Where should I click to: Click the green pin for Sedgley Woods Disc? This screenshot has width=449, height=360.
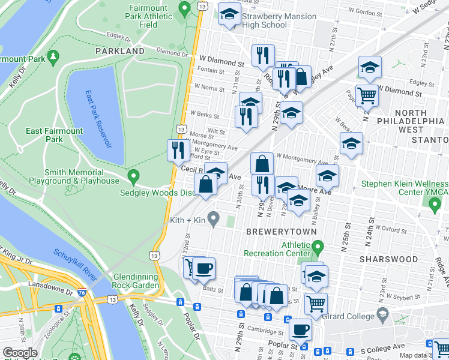coord(134,177)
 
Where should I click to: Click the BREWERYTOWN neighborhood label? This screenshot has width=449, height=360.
coord(276,231)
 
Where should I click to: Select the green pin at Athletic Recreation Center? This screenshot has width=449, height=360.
coord(318,246)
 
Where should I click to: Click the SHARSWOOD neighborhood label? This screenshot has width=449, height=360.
coord(388,259)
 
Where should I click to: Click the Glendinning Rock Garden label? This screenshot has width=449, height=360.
coord(128,280)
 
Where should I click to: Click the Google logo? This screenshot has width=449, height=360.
coord(20,353)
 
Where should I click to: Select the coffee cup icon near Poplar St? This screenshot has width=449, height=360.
coord(300,329)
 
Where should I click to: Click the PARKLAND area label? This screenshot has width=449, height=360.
coord(120,52)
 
